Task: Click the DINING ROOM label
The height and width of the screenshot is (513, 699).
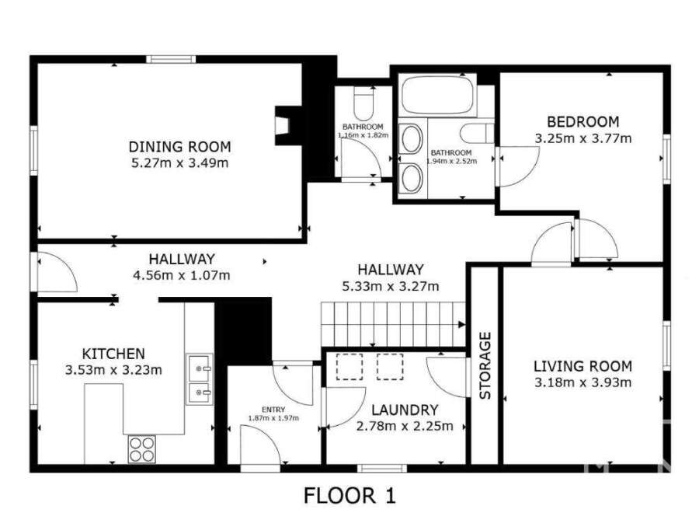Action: coord(179,147)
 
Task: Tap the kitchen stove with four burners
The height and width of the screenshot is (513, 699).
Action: coord(142,448)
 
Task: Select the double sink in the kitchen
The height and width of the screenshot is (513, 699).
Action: coord(200,379)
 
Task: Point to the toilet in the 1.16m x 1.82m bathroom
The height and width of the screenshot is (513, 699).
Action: coord(363,102)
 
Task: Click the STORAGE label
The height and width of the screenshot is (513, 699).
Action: coord(485,366)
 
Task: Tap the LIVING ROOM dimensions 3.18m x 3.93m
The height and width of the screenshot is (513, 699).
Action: coord(582,382)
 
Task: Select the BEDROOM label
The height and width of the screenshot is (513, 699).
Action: coord(582,122)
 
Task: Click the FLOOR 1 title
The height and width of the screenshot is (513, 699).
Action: coord(349,496)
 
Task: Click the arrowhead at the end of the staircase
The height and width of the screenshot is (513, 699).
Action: coord(462,324)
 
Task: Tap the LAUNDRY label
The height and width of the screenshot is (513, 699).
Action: coord(405,410)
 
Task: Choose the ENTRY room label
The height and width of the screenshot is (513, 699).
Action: coord(273,410)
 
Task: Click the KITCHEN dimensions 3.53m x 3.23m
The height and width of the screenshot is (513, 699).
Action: coord(113,370)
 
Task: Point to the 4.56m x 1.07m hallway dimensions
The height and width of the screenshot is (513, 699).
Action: coord(182,276)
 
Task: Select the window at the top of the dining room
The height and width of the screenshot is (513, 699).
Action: coord(171,59)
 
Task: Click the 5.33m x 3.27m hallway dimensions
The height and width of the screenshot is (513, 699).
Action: coord(391,286)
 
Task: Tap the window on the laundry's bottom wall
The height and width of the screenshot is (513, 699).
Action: coord(382,468)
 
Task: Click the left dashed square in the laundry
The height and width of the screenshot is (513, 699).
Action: coord(349,367)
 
